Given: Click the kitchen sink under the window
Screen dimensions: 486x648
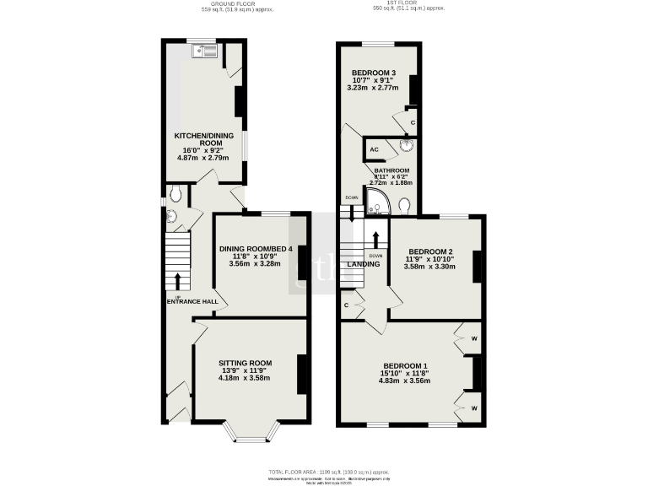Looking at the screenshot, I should click(205, 52).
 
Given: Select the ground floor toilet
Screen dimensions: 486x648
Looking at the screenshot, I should click(175, 193).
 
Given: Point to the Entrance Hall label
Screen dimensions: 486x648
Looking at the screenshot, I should click(192, 301).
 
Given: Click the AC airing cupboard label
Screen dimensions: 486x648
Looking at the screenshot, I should click(373, 151).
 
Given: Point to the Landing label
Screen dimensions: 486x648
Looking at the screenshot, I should click(363, 264).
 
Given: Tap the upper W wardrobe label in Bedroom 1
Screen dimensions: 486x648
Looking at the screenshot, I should click(474, 339).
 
